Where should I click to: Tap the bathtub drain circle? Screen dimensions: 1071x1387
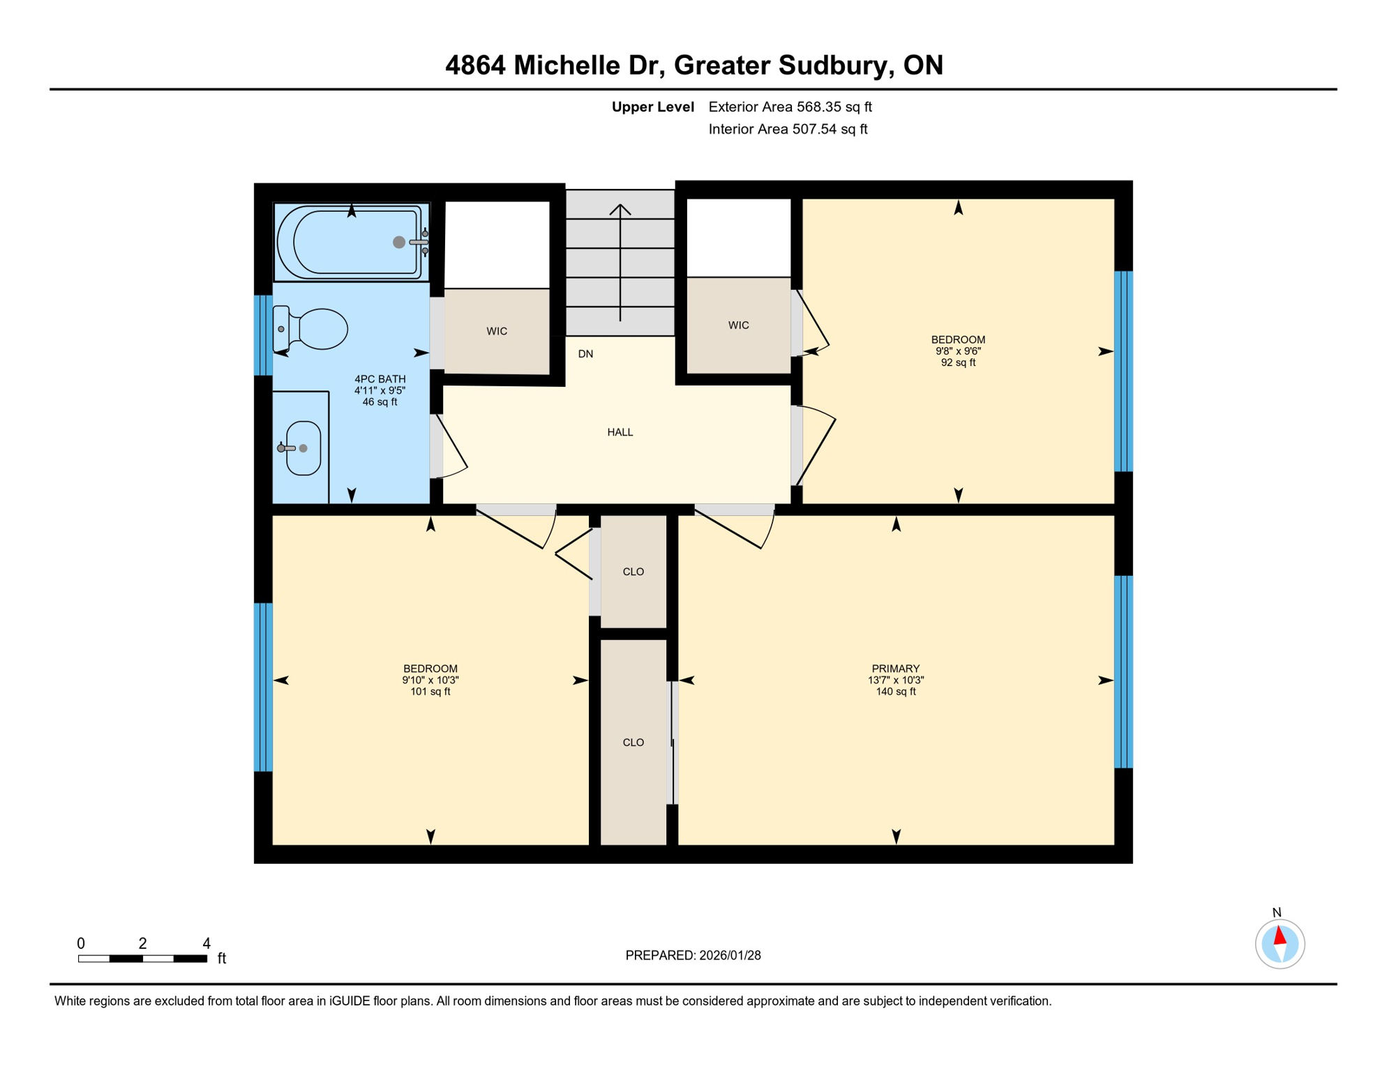pyautogui.click(x=398, y=242)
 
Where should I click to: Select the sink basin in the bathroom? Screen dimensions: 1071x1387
pyautogui.click(x=303, y=448)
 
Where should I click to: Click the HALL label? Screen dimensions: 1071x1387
pyautogui.click(x=620, y=432)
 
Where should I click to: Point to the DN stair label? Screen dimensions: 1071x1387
pyautogui.click(x=585, y=354)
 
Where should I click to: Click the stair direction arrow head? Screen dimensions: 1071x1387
pyautogui.click(x=620, y=208)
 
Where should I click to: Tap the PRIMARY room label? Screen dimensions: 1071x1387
pyautogui.click(x=895, y=669)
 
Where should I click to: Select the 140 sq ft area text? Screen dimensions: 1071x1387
pyautogui.click(x=895, y=692)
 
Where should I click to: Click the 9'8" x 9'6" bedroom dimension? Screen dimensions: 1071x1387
pyautogui.click(x=958, y=351)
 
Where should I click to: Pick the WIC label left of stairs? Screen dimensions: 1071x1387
pyautogui.click(x=497, y=331)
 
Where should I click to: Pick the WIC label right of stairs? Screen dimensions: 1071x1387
pyautogui.click(x=738, y=326)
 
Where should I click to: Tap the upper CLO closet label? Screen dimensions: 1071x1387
pyautogui.click(x=633, y=572)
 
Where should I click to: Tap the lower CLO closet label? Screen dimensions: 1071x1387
pyautogui.click(x=633, y=743)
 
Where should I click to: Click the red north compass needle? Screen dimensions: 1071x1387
pyautogui.click(x=1280, y=935)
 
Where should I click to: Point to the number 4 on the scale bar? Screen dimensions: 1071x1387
pyautogui.click(x=207, y=943)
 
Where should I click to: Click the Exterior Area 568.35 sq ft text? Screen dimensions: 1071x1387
pyautogui.click(x=790, y=107)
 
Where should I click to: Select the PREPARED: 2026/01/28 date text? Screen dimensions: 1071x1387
pyautogui.click(x=693, y=955)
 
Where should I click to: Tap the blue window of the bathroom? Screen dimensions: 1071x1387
pyautogui.click(x=263, y=335)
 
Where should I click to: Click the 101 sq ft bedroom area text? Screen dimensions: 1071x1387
pyautogui.click(x=430, y=692)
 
